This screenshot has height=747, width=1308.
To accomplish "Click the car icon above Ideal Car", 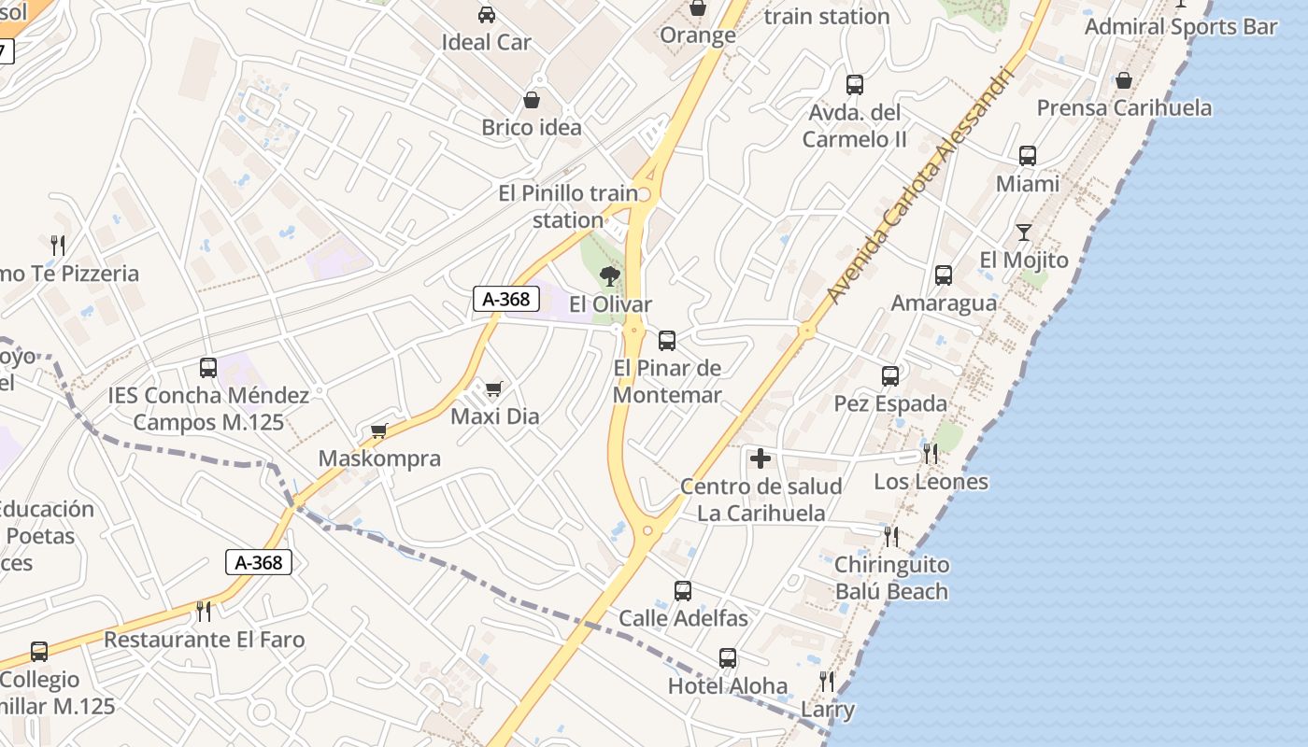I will (487, 15).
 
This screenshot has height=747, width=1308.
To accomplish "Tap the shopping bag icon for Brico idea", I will (532, 100).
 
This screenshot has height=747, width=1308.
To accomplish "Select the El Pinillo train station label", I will (568, 206).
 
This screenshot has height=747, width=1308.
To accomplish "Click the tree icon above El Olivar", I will (610, 275).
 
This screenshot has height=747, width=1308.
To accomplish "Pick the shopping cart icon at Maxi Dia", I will (493, 388).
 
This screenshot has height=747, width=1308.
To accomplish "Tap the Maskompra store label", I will (379, 458).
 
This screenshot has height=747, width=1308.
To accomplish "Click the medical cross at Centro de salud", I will (761, 458).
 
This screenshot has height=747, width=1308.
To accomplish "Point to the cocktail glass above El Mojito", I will (1024, 233).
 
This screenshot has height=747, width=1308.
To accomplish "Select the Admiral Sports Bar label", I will (1181, 26).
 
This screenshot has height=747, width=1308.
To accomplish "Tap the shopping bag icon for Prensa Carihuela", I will (1124, 81).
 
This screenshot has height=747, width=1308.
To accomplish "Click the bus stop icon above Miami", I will (1028, 156).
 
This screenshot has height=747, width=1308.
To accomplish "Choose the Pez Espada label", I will (890, 403).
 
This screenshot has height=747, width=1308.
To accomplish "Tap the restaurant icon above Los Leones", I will (931, 454).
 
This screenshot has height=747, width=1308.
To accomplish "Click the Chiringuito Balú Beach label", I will (891, 578).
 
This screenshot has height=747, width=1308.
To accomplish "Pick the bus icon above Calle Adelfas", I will (683, 591).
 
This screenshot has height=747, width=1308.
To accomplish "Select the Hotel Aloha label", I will (728, 686).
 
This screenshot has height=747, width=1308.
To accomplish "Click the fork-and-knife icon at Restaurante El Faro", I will (204, 612).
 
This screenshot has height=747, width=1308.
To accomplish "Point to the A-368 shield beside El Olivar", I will (506, 299).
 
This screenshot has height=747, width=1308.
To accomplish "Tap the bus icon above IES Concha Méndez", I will (208, 368).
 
